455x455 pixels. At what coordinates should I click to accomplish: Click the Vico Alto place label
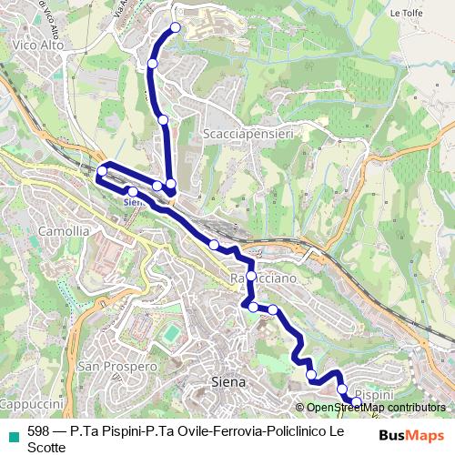coord(31,44)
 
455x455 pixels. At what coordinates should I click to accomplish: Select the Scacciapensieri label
coord(239,133)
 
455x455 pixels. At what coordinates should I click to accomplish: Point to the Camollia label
coord(65,231)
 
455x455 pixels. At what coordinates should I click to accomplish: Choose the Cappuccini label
coord(30,403)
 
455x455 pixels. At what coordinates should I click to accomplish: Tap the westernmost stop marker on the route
coord(102,171)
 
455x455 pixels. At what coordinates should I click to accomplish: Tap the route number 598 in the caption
coord(39,431)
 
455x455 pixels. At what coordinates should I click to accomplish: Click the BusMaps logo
coord(411,435)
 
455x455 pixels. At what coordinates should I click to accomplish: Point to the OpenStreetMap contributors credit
coord(375,409)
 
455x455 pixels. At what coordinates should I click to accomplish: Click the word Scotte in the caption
coord(47,447)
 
